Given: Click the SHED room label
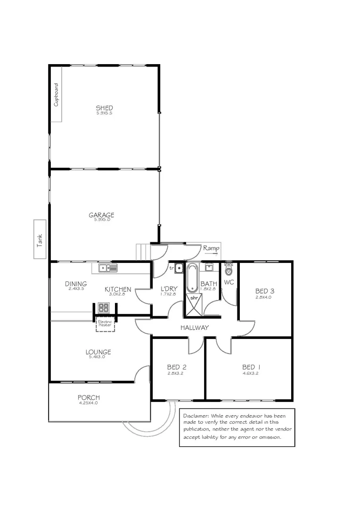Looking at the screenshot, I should click(x=104, y=108).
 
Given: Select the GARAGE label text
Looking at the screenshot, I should click(x=102, y=215).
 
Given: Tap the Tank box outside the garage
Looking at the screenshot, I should click(x=40, y=239).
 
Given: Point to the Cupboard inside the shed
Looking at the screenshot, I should click(x=57, y=94).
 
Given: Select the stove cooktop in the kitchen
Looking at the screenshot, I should click(x=103, y=308).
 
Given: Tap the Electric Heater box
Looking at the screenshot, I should click(x=105, y=324).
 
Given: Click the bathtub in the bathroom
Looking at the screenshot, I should click(x=192, y=279).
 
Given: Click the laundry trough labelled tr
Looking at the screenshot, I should click(x=178, y=268).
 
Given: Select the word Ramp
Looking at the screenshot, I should click(x=210, y=247).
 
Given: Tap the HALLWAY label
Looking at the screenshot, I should click(x=194, y=328).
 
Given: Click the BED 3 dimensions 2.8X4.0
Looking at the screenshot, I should click(x=263, y=297).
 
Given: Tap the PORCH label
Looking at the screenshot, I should click(x=89, y=397).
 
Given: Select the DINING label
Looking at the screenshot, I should click(x=75, y=284).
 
